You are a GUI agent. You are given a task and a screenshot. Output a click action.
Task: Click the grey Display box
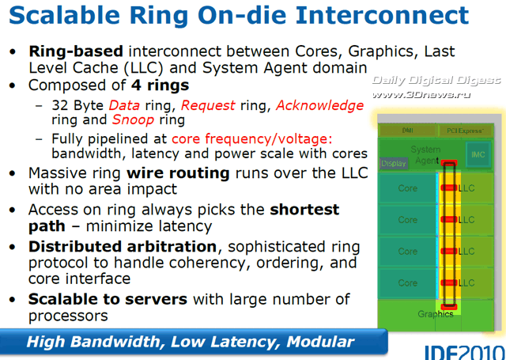coord(393,164)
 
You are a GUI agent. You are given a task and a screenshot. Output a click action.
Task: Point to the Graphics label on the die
coord(436,314)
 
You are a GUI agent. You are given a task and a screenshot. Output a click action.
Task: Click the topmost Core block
coord(408,189)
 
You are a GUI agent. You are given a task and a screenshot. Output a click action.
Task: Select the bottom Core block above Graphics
coord(408,282)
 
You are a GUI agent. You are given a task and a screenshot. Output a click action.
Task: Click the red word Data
coord(123,105)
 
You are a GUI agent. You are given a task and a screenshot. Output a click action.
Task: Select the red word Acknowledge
coord(319,105)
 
